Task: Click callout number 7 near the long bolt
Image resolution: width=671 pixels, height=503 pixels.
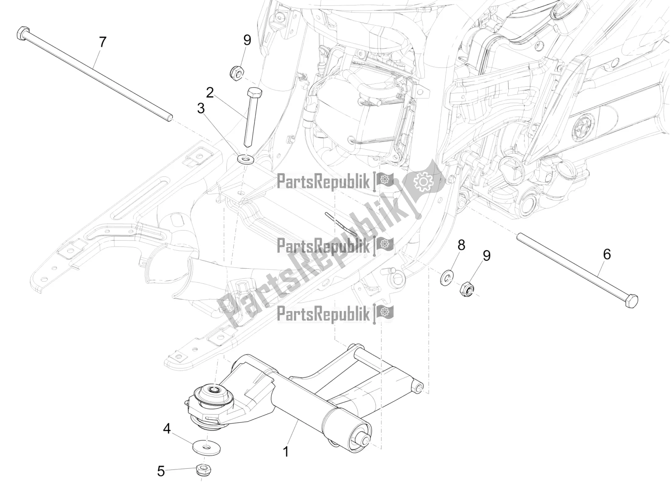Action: (102, 42)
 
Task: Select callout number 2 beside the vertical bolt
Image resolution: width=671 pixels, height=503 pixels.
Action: (210, 92)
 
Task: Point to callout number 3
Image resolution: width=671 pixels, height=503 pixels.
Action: (201, 109)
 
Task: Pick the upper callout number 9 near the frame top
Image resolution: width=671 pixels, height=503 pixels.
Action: (247, 41)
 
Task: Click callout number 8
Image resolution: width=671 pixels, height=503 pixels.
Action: (461, 245)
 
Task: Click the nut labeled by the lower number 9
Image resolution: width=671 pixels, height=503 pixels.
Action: (466, 288)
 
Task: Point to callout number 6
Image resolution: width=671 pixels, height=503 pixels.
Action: (607, 266)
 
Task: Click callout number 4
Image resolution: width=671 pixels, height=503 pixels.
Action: (167, 430)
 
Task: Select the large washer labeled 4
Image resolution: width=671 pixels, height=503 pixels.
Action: (201, 447)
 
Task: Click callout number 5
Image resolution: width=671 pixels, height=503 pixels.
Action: (161, 472)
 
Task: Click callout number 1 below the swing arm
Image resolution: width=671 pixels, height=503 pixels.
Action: (286, 452)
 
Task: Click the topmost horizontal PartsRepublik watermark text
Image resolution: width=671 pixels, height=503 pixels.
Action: (323, 182)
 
